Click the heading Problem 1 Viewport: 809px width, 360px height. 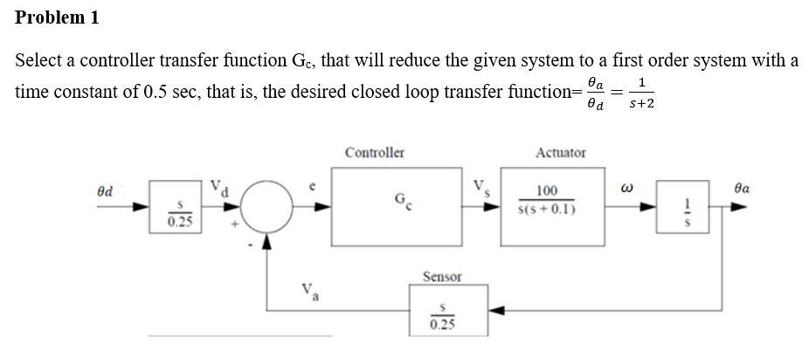[58, 17]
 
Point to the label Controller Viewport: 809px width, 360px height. [374, 152]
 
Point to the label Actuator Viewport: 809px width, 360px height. [560, 152]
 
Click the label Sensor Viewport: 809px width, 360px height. [442, 277]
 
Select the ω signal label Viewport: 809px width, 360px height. [626, 189]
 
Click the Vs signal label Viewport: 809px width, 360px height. [480, 187]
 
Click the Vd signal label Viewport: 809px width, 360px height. [218, 187]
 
